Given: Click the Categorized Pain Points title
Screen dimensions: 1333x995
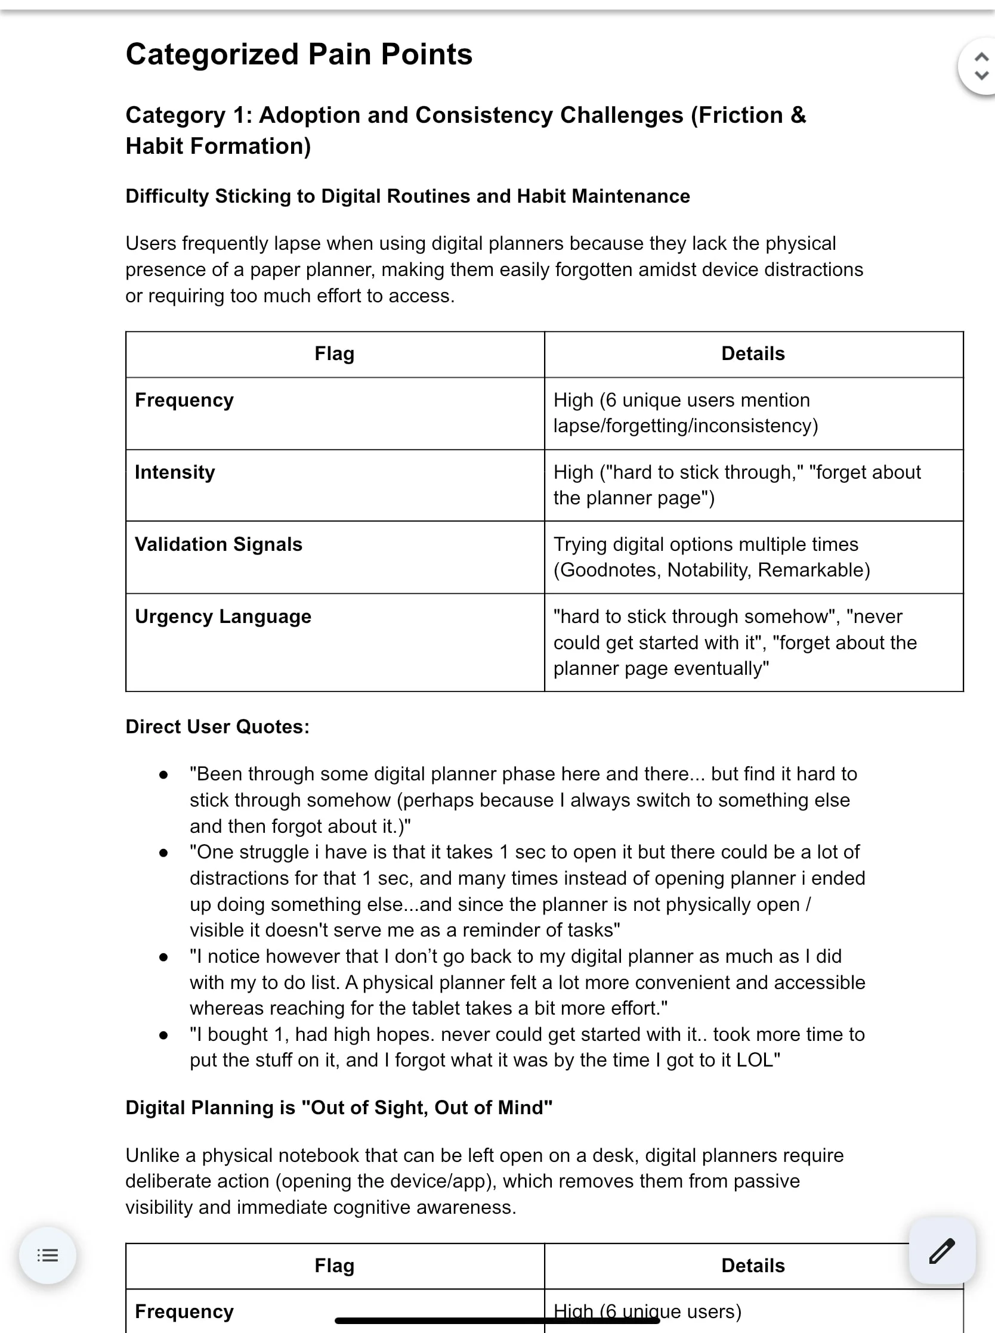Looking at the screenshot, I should coord(299,54).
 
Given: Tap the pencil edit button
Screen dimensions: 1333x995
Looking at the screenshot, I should coord(941,1251).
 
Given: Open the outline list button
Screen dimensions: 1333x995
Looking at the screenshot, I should coord(48,1255).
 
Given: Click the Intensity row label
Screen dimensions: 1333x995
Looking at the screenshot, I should coord(175,472).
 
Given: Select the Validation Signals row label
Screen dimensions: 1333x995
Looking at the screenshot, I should coord(218,545).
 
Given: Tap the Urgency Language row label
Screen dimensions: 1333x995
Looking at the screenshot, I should coord(223,617).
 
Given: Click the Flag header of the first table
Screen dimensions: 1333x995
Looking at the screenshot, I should coord(334,354).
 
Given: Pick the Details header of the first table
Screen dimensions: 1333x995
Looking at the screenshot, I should coord(753,354).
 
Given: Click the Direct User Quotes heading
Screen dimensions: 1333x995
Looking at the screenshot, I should coord(217,727).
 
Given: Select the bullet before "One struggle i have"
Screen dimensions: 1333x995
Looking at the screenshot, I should coord(163,852).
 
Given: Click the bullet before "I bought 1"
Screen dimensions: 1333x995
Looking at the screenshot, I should coord(163,1035).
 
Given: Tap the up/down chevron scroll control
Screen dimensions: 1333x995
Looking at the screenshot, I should coord(981,66).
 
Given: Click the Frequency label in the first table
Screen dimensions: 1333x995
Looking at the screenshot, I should coord(184,400).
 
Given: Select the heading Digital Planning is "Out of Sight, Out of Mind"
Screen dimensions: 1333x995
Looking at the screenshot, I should coord(338,1107).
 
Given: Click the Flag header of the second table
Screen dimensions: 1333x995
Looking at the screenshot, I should coord(334,1266).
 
